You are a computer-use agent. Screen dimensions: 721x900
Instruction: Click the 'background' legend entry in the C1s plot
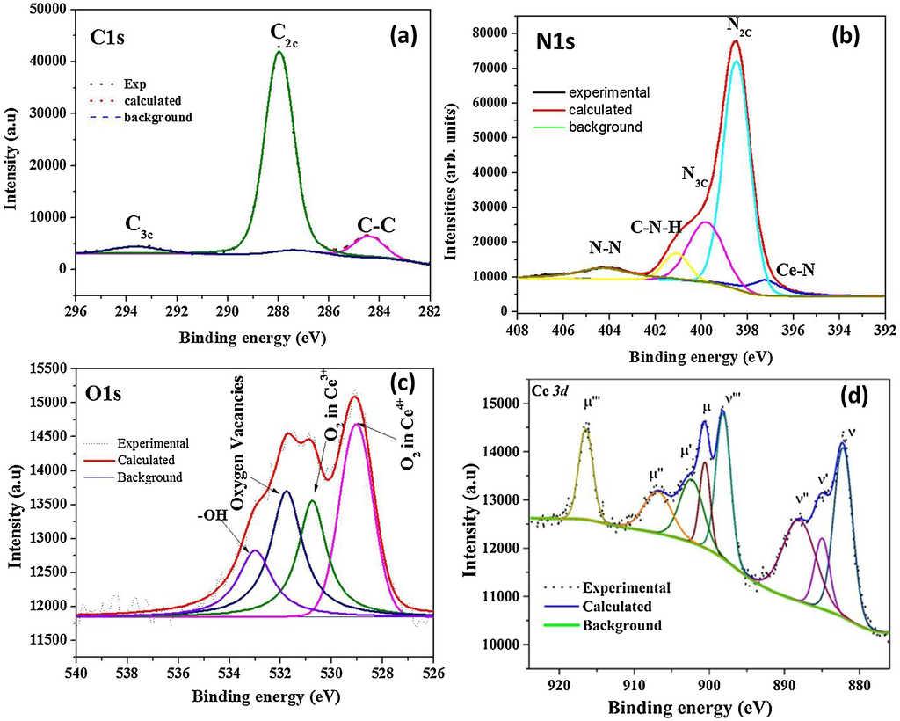(157, 117)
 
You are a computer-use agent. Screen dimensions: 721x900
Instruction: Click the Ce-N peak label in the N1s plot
(795, 271)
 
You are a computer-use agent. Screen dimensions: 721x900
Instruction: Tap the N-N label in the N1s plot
(606, 249)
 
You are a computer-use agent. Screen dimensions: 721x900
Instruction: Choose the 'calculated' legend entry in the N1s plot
(599, 110)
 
